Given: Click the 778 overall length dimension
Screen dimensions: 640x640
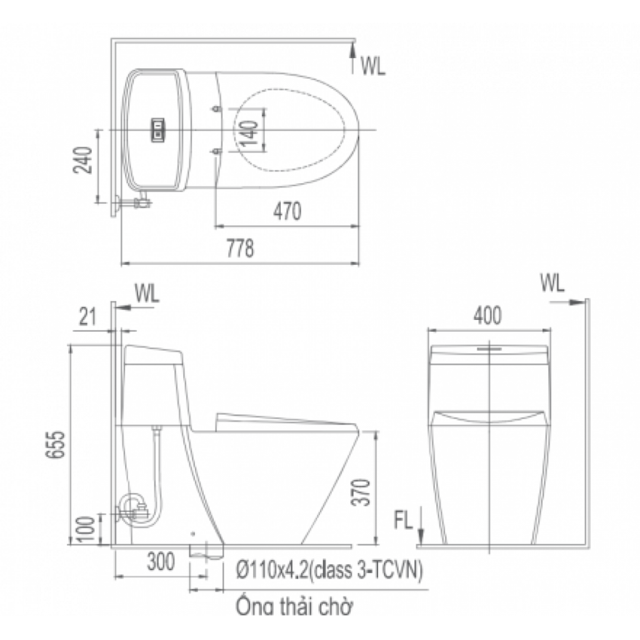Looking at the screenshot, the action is coord(240,248).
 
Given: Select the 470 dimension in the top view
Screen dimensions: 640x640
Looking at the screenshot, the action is coord(287,211).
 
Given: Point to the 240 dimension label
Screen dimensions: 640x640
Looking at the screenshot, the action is coord(82,159).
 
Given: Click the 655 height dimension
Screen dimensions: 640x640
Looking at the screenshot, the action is coord(55,444).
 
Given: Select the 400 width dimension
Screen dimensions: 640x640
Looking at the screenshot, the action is coord(487,316).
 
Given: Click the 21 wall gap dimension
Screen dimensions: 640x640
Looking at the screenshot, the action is coord(87,317).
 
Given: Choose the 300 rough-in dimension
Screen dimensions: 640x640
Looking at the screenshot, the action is coord(161,562).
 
